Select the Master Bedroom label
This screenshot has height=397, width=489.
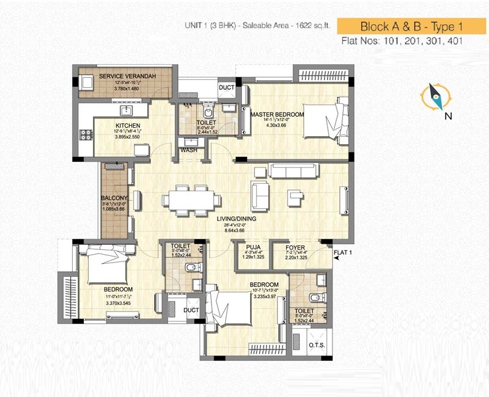[273, 114]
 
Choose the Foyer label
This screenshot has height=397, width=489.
[295, 247]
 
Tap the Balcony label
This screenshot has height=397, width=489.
[114, 198]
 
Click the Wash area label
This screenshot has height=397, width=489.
[188, 150]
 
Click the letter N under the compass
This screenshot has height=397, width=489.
[448, 115]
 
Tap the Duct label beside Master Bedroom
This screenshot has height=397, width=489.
[226, 88]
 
